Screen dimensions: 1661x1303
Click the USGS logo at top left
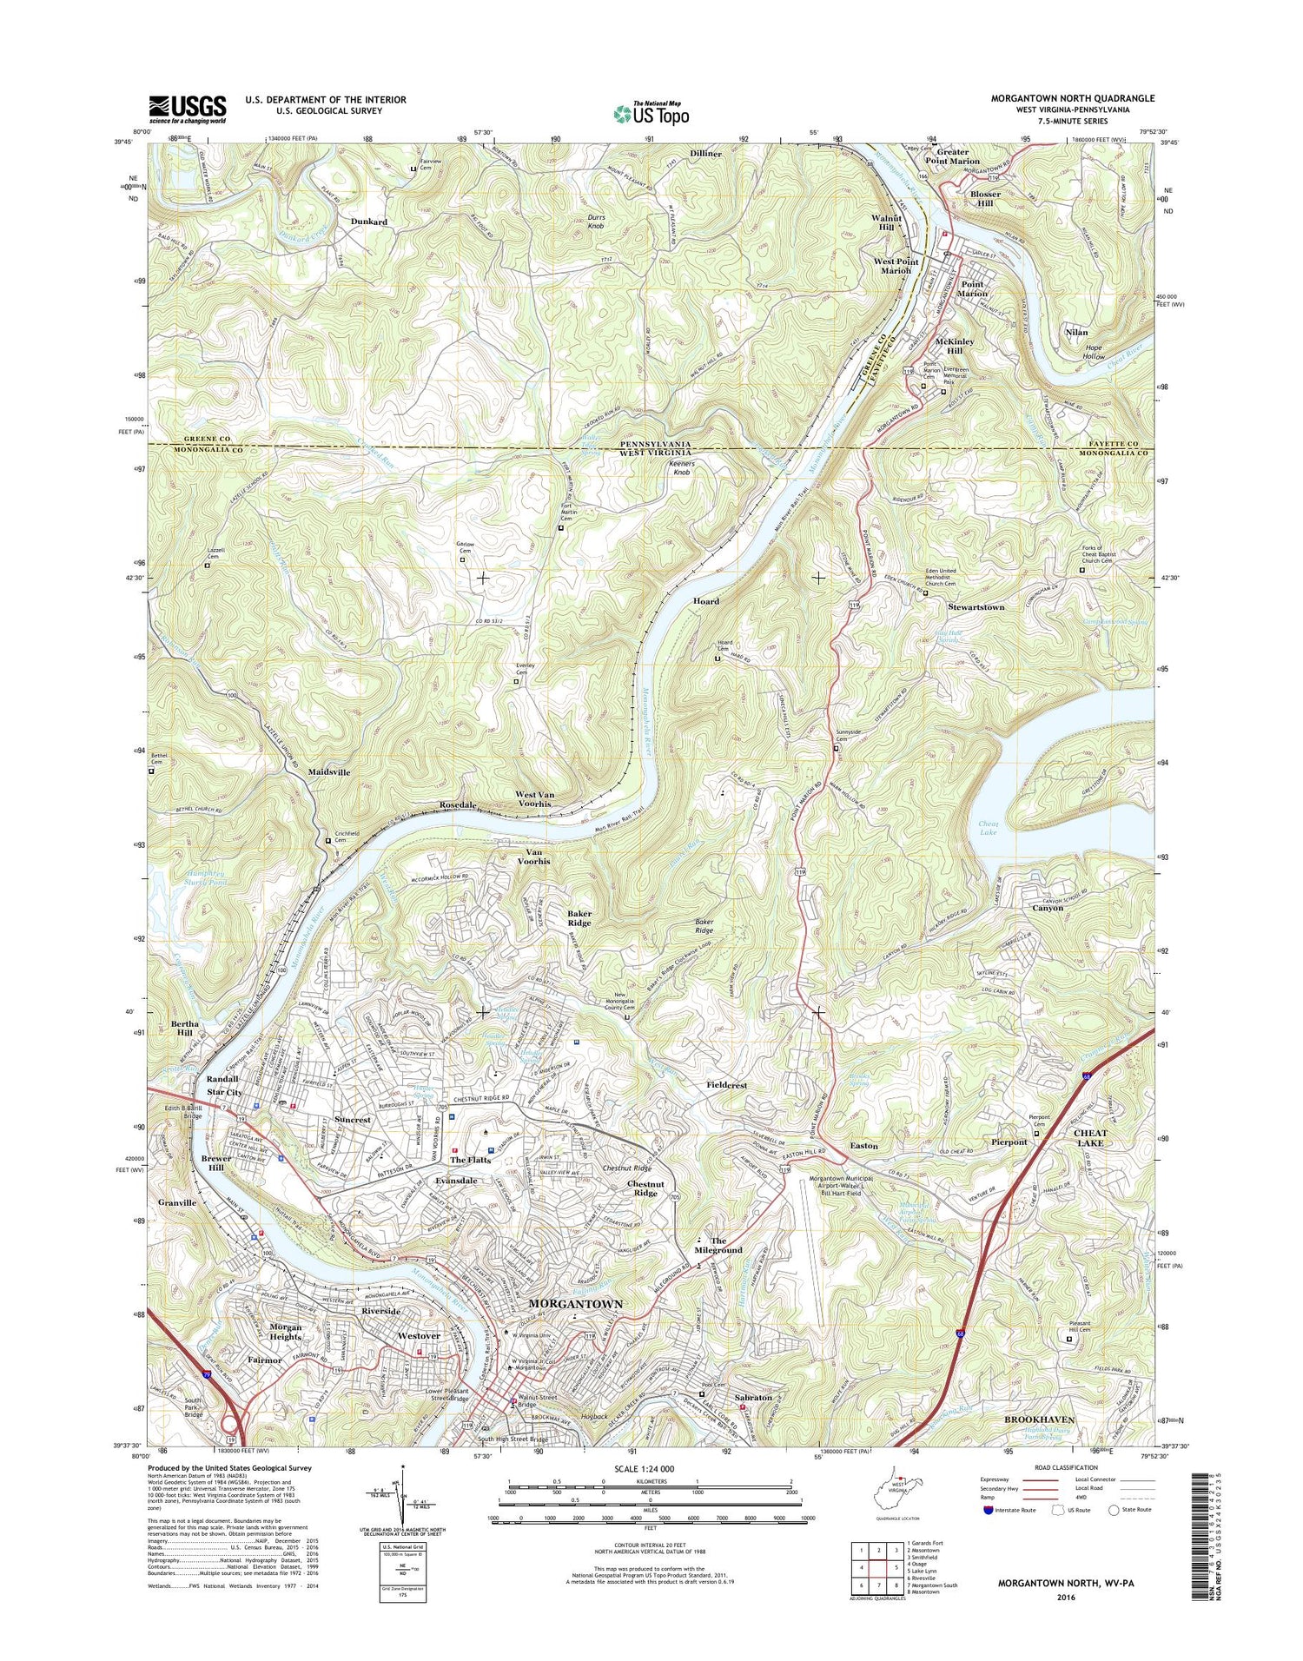click(x=188, y=109)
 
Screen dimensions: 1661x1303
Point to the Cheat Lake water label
click(x=989, y=828)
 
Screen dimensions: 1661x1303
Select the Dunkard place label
click(x=368, y=222)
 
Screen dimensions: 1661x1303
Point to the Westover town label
click(x=420, y=1335)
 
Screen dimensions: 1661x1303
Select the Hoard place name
click(x=705, y=601)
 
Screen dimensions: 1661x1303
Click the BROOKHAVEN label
click(x=1040, y=1419)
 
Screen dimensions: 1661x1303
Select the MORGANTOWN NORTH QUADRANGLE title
click(x=1073, y=99)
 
